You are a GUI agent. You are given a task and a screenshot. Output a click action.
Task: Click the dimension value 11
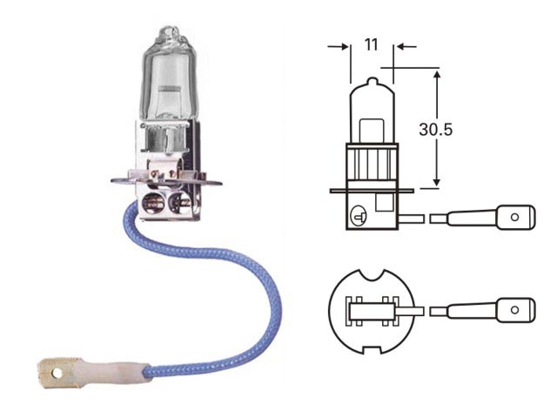[372, 44]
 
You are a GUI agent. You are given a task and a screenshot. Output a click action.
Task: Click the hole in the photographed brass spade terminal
[57, 375]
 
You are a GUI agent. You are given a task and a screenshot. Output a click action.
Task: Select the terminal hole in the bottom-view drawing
[517, 309]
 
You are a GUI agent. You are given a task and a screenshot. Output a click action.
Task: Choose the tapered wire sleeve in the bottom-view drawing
[470, 310]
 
